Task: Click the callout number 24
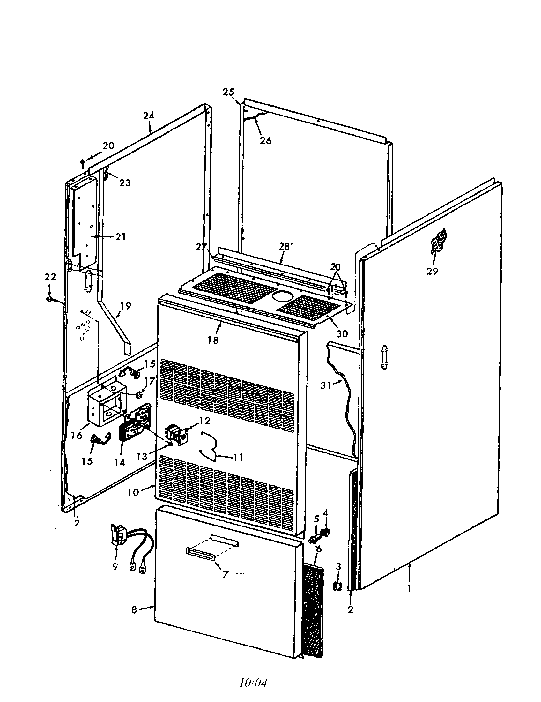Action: [149, 115]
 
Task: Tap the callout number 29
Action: [432, 271]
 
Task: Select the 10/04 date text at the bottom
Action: [253, 680]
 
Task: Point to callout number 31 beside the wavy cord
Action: [325, 385]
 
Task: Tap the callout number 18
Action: [213, 340]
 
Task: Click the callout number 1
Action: [409, 588]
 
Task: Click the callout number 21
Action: [120, 237]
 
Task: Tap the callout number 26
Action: [266, 140]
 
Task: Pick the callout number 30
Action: [342, 334]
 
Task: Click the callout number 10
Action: [133, 492]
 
